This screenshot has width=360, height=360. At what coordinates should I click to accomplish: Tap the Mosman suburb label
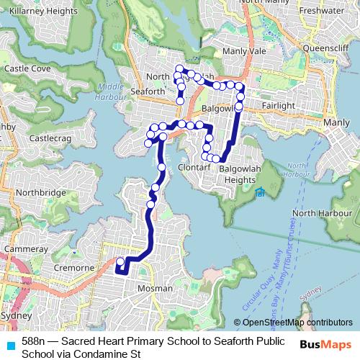[x=156, y=288]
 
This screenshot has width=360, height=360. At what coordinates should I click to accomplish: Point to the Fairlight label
[x=279, y=105]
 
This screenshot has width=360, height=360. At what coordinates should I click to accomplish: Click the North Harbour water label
[x=315, y=213]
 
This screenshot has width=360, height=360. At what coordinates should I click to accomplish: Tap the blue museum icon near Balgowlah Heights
[x=259, y=192]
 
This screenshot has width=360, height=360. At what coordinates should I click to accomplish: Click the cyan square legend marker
[x=10, y=346]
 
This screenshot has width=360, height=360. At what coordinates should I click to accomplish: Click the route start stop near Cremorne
[x=120, y=261]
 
